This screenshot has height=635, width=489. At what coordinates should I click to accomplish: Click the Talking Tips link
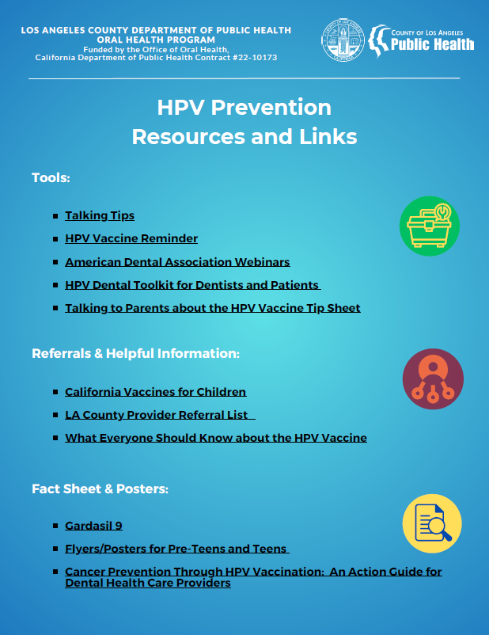pyautogui.click(x=100, y=215)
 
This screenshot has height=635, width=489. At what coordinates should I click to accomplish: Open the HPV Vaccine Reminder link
pyautogui.click(x=131, y=238)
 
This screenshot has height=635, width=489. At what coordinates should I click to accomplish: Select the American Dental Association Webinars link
pyautogui.click(x=177, y=261)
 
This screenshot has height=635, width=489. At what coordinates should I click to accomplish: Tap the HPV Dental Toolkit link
pyautogui.click(x=192, y=285)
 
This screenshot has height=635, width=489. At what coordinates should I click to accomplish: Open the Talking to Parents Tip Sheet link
pyautogui.click(x=212, y=308)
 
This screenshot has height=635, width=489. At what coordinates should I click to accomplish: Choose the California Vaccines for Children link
pyautogui.click(x=155, y=392)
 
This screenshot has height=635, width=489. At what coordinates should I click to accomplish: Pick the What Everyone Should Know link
pyautogui.click(x=215, y=438)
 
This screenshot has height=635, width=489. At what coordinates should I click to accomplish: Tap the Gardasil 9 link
pyautogui.click(x=93, y=526)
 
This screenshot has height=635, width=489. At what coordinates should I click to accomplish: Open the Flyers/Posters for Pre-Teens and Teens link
pyautogui.click(x=176, y=549)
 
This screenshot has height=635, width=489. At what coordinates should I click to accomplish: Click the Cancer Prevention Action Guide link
pyautogui.click(x=252, y=577)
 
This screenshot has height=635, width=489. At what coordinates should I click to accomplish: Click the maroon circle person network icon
pyautogui.click(x=433, y=378)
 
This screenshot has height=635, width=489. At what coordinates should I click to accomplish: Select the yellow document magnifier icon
pyautogui.click(x=433, y=523)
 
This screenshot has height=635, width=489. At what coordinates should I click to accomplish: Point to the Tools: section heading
pyautogui.click(x=51, y=177)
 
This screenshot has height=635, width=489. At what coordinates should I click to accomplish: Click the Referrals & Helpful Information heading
pyautogui.click(x=135, y=353)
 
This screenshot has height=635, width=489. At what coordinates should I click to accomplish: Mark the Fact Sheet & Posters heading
pyautogui.click(x=100, y=489)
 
